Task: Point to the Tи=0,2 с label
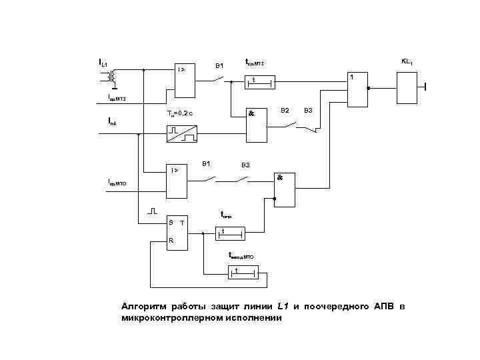point(180,113)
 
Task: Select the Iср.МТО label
point(122,181)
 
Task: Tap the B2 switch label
point(285,109)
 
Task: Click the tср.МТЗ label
point(255,63)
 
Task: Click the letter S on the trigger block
point(171,221)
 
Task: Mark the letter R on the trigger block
point(171,241)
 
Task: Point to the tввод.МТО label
point(241,255)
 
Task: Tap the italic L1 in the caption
point(282,306)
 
